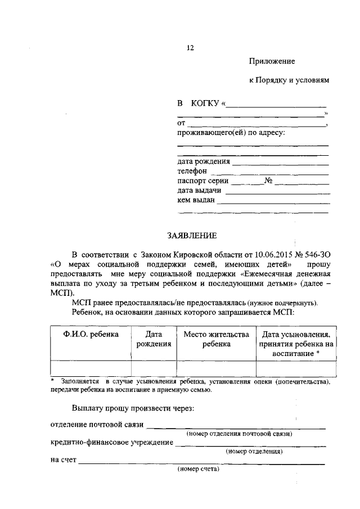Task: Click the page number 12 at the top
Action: [x=190, y=48]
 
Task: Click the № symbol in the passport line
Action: [x=268, y=181]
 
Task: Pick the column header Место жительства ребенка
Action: [x=217, y=339]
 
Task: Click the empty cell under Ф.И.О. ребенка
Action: [x=91, y=367]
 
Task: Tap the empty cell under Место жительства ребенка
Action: [x=217, y=367]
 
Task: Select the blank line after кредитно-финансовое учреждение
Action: [x=250, y=445]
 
